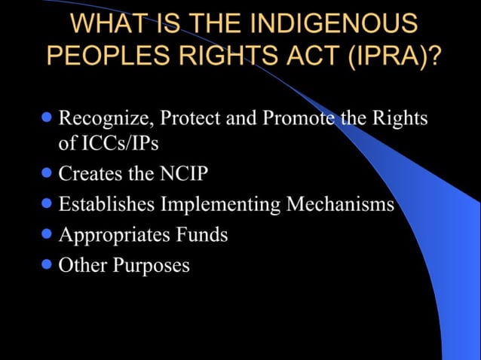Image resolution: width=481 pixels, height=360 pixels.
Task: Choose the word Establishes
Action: [106, 204]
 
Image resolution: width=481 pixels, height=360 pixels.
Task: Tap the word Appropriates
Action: [113, 235]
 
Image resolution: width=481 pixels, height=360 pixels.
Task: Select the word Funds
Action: [200, 234]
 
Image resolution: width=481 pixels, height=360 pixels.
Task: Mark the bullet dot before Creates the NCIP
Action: [47, 172]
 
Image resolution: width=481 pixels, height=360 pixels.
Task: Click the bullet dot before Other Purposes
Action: [47, 264]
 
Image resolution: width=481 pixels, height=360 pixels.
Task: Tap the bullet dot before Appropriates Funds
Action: [47, 233]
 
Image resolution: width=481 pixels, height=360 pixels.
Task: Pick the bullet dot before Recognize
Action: [47, 117]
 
